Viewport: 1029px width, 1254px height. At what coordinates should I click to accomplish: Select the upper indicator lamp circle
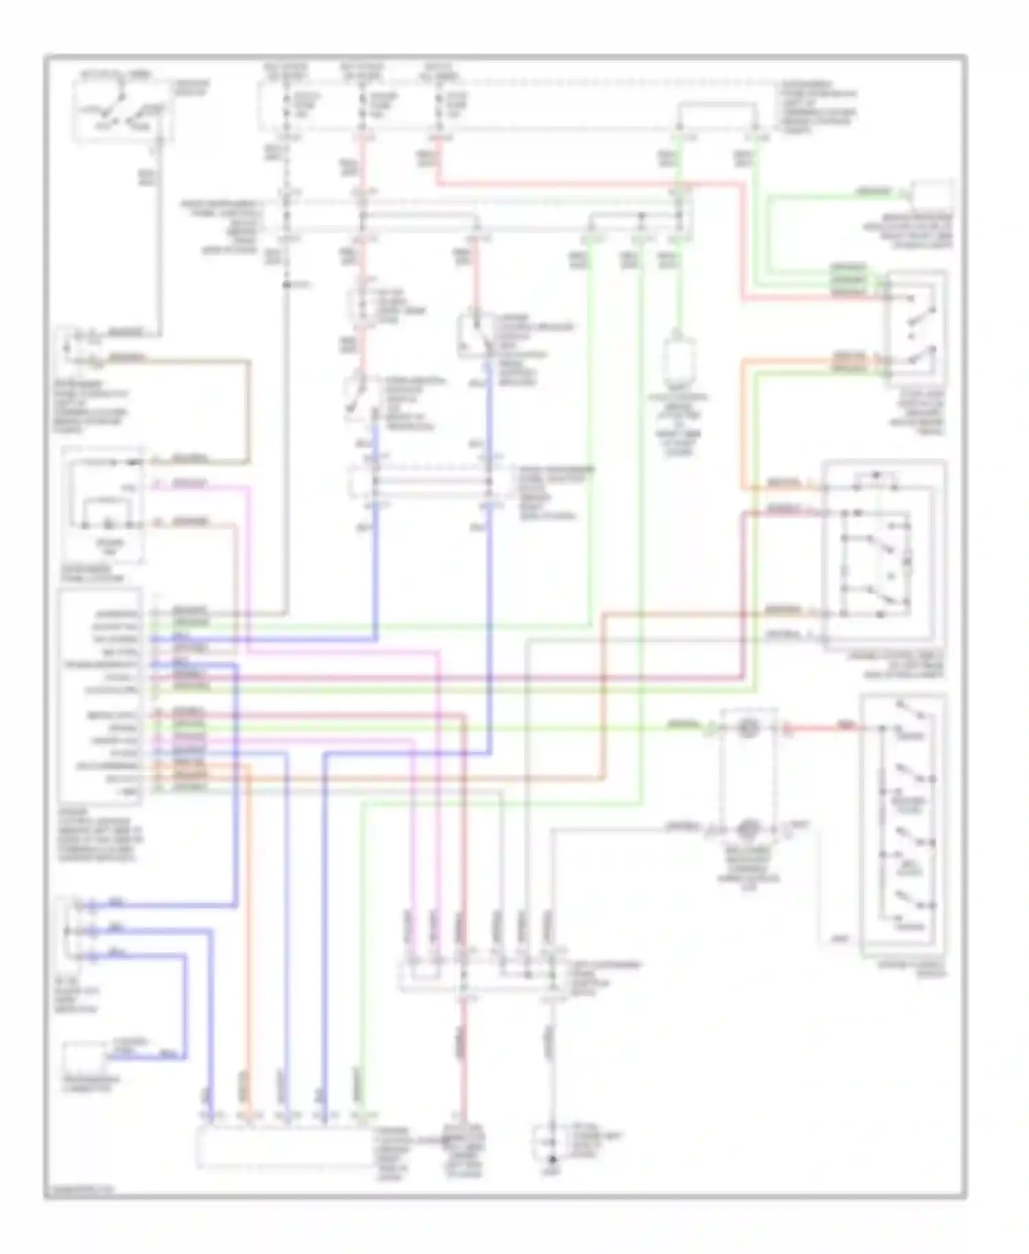click(746, 729)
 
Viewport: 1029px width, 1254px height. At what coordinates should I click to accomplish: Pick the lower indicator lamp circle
click(746, 829)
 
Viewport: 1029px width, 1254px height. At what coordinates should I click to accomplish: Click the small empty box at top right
click(932, 196)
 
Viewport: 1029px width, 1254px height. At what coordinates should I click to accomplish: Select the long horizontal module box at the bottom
click(285, 1147)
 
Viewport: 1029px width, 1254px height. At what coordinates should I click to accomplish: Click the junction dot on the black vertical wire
click(286, 283)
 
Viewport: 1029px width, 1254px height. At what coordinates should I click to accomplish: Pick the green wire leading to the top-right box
click(823, 197)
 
